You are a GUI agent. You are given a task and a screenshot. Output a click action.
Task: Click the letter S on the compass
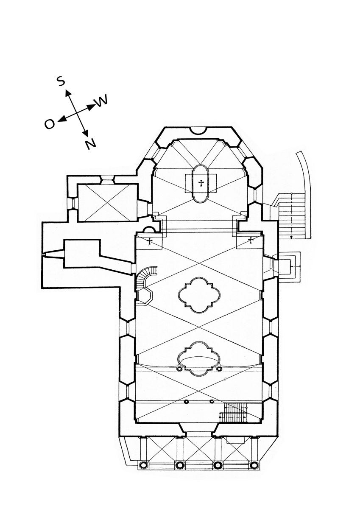[61, 81]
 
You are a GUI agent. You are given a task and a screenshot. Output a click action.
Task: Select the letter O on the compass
[50, 124]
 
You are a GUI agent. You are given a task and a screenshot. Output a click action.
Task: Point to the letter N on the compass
[91, 144]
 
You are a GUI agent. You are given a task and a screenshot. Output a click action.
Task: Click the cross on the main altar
[201, 183]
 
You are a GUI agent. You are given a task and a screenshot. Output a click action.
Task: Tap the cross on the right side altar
[251, 240]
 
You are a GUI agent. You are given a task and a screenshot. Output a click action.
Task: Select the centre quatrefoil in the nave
[199, 295]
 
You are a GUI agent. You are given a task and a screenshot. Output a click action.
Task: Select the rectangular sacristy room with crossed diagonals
[108, 202]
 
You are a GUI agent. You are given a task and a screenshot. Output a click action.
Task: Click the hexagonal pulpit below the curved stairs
[145, 296]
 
